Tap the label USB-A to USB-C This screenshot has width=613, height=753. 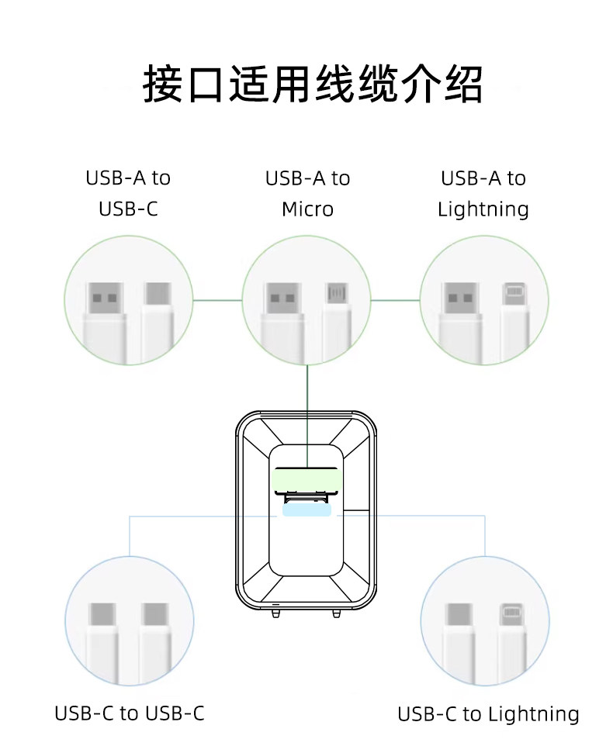coord(128,193)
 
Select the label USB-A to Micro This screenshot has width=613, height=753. coord(307,193)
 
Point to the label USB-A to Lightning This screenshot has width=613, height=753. coord(483,193)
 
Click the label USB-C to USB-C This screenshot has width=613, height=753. coord(130,713)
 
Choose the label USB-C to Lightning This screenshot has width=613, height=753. coord(488,713)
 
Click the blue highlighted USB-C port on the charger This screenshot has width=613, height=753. coord(307,510)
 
